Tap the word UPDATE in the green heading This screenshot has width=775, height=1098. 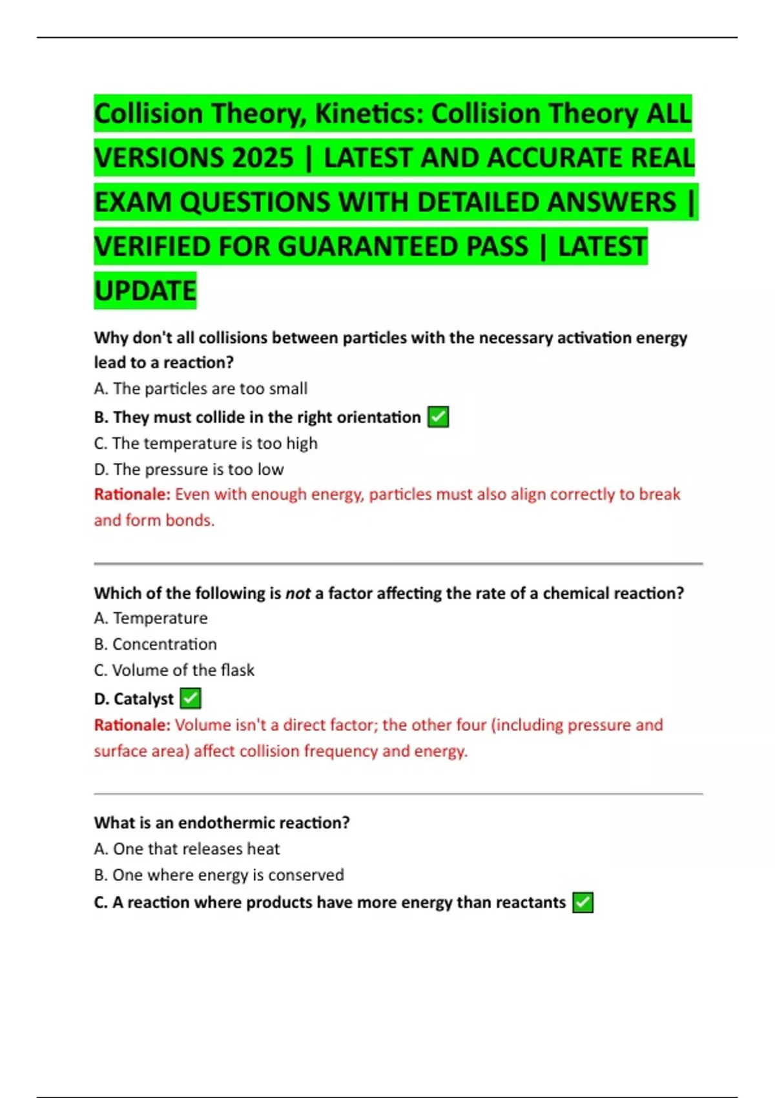point(145,291)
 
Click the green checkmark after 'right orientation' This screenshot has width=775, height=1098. point(439,417)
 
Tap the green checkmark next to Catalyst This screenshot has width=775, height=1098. point(191,698)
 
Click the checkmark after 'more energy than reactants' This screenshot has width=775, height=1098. point(583,902)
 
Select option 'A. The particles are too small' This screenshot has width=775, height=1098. point(200,389)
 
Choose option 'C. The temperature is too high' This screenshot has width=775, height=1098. point(205,444)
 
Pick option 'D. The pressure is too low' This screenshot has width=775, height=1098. point(189,470)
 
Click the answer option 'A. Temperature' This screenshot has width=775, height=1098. point(150,618)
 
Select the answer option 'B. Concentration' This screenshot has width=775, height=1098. point(155,644)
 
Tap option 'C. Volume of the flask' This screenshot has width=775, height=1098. point(174,670)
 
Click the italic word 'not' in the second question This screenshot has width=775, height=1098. point(298,594)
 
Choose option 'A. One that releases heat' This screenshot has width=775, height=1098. point(187,849)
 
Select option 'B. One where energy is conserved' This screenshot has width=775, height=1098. point(218,875)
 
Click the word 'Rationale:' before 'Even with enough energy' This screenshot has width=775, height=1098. point(132,495)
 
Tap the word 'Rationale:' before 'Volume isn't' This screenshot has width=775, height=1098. point(132,725)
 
